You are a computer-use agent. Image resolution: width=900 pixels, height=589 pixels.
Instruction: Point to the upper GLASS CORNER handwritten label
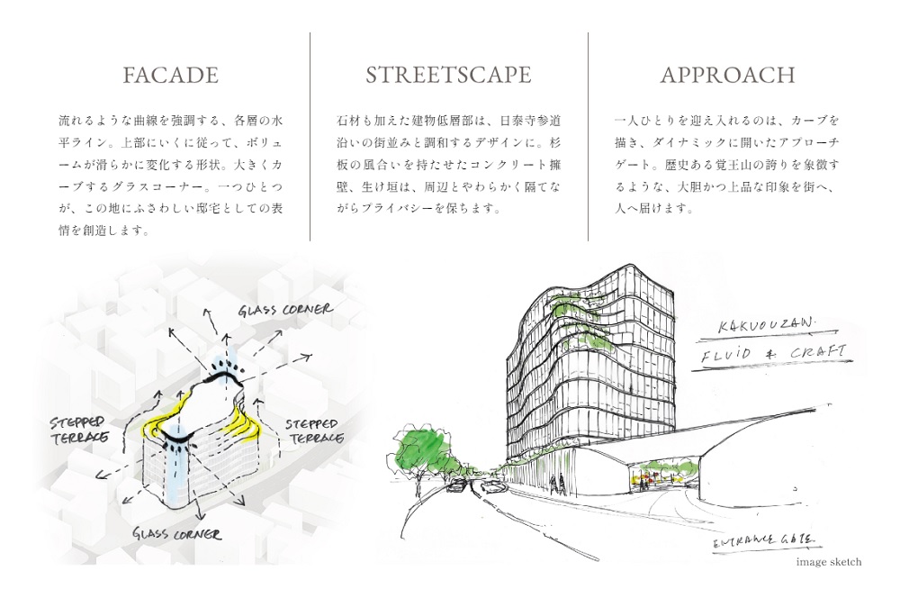click(x=285, y=311)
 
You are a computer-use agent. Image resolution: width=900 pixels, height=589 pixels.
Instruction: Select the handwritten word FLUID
click(x=726, y=358)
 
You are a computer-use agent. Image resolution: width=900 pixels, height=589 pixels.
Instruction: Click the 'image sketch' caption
click(x=828, y=562)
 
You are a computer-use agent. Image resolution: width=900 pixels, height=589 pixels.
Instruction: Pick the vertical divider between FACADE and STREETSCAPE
click(x=310, y=136)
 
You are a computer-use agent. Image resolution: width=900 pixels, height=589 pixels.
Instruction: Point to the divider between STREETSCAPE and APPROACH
click(x=588, y=136)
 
